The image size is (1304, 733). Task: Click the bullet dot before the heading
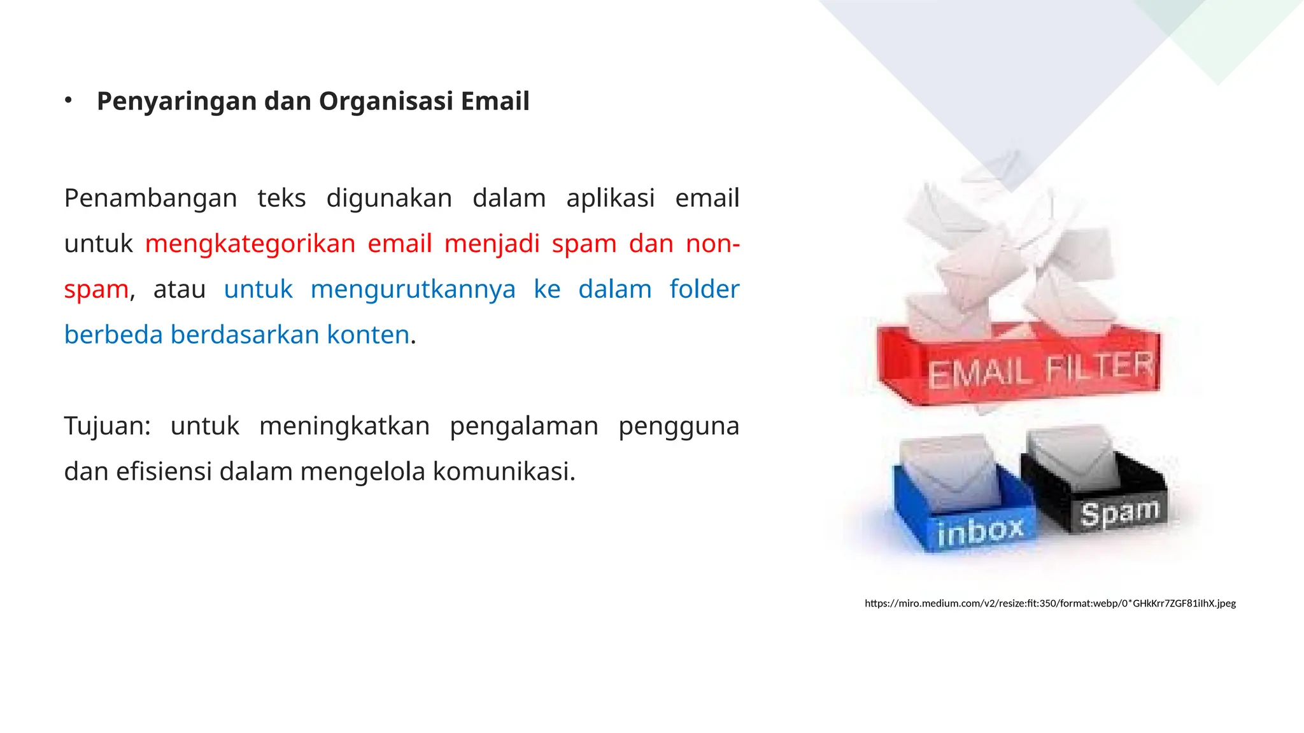coord(69,101)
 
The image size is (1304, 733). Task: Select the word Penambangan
coord(150,199)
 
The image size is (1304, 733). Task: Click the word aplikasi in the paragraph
coord(610,199)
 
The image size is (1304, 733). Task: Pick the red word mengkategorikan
coord(250,244)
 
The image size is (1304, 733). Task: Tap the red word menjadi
coord(492,244)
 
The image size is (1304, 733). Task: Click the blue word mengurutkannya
coord(413,290)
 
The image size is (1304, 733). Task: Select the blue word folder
coord(704,290)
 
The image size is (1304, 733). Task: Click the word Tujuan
coord(106,426)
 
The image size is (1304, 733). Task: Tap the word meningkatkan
coord(344,426)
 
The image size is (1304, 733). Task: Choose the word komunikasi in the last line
coord(504,472)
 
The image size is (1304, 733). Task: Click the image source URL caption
coord(1050,603)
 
